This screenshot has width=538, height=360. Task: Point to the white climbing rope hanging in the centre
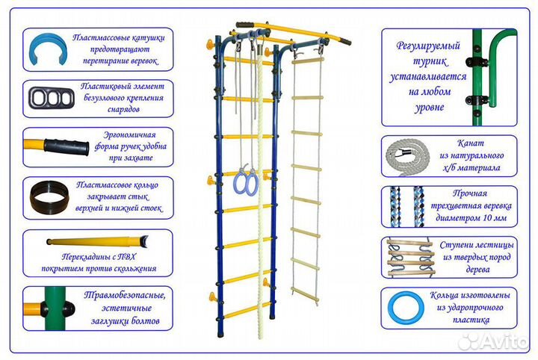tap(261, 187)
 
